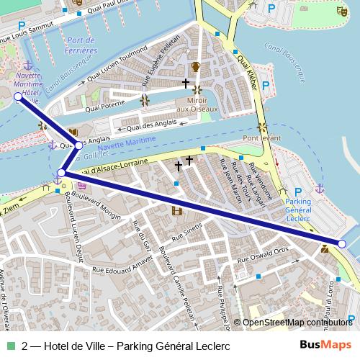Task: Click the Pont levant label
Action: [260, 138]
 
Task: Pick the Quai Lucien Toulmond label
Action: [117, 67]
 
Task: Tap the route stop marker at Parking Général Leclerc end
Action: [342, 245]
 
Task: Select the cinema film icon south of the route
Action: [176, 210]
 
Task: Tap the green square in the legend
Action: [12, 346]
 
